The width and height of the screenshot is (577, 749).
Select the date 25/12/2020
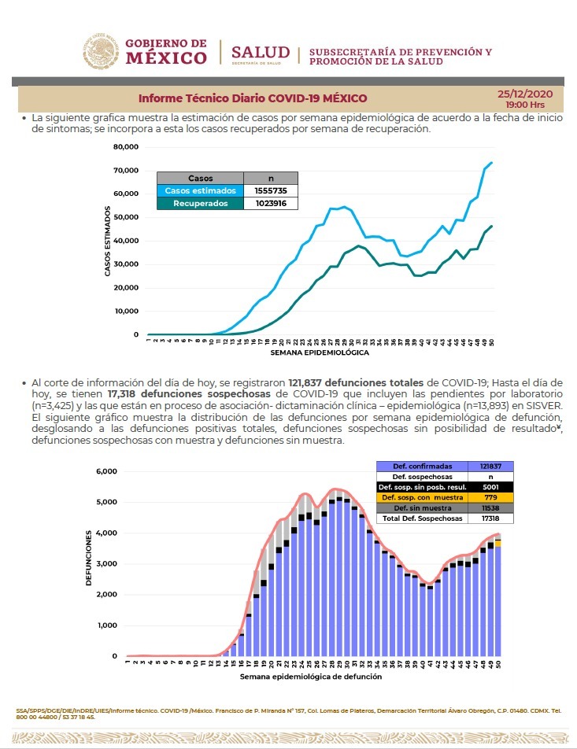[525, 94]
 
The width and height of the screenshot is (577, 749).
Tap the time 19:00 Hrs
[525, 104]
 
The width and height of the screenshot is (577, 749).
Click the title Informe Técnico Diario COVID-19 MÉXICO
[253, 98]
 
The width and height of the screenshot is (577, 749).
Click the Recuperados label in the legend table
[200, 203]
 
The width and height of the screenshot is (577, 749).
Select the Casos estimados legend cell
[200, 190]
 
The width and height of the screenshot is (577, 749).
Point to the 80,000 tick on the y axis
[126, 147]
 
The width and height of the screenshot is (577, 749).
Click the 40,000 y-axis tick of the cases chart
[126, 241]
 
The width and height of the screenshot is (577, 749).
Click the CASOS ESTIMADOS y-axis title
[107, 241]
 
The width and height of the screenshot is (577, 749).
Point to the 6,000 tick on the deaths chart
[106, 471]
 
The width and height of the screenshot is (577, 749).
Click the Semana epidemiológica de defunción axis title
[311, 676]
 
